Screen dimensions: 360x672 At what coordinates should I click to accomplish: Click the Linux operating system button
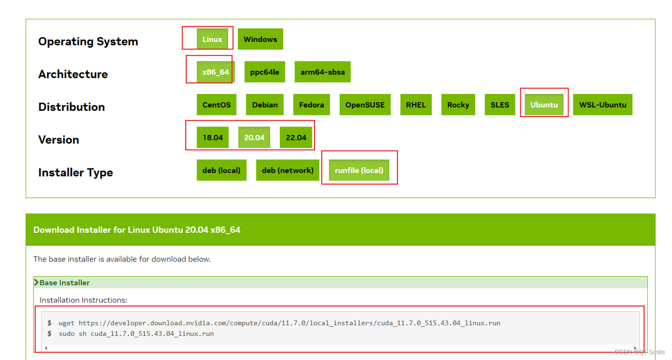(x=212, y=39)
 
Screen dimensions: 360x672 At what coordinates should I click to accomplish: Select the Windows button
(x=260, y=39)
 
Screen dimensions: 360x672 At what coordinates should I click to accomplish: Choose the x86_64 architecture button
(x=215, y=72)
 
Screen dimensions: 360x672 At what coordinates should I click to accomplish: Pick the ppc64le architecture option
(x=265, y=72)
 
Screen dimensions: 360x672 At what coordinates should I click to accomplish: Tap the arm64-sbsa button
(x=322, y=72)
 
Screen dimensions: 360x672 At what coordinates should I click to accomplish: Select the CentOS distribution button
(x=216, y=104)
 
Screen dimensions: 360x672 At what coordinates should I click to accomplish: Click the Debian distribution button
(x=265, y=104)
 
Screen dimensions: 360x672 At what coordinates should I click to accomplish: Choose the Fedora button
(x=311, y=104)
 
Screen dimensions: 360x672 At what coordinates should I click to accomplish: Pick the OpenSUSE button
(x=365, y=104)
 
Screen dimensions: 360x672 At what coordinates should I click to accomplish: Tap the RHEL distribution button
(x=416, y=104)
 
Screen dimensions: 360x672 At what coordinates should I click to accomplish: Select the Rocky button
(x=458, y=104)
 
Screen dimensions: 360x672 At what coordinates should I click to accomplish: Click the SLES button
(x=499, y=104)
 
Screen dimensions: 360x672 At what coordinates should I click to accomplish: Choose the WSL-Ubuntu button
(x=602, y=104)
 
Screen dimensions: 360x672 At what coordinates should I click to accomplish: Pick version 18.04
(x=213, y=137)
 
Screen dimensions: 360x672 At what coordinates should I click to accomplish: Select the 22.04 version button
(x=296, y=137)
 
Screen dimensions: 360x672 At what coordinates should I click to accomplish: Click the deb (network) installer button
(x=287, y=170)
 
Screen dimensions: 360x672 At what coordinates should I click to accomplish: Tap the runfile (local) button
(x=359, y=170)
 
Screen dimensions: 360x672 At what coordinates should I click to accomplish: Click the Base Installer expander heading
(x=64, y=282)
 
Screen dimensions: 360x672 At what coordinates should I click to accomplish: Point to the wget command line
(x=279, y=323)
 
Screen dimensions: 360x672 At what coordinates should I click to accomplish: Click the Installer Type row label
(x=75, y=172)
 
